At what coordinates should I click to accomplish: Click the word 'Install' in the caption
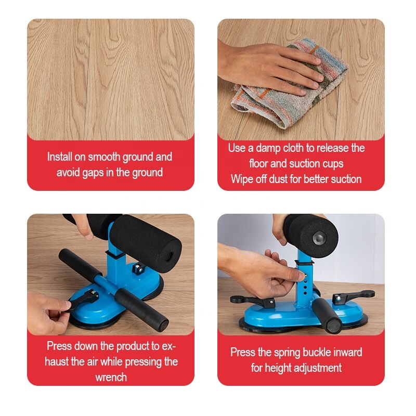click(59, 157)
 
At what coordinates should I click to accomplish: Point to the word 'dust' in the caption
click(278, 179)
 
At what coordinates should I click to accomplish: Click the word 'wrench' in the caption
click(111, 378)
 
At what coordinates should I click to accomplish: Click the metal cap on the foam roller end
click(318, 238)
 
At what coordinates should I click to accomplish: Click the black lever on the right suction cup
click(354, 296)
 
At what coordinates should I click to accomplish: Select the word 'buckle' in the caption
click(317, 353)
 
